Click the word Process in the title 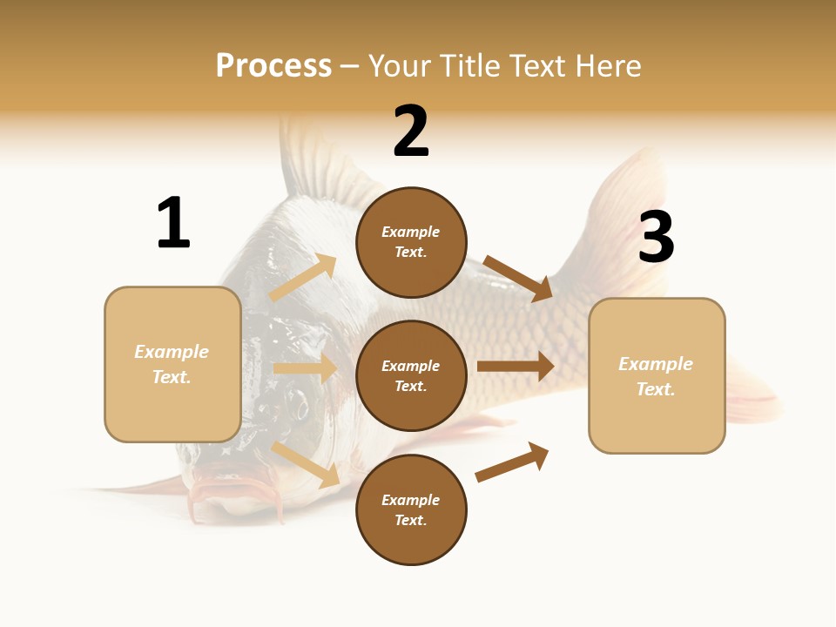[273, 66]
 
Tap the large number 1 [173, 223]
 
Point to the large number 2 [411, 131]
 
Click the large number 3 [657, 237]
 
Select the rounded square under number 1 [172, 364]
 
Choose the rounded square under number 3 [657, 376]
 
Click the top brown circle [411, 242]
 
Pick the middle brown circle [411, 376]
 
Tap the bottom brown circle [411, 510]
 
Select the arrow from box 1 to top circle [302, 278]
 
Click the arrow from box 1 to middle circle [305, 368]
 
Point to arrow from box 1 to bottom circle [306, 464]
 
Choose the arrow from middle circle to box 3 [516, 367]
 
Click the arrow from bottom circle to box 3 [513, 462]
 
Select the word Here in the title [609, 66]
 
